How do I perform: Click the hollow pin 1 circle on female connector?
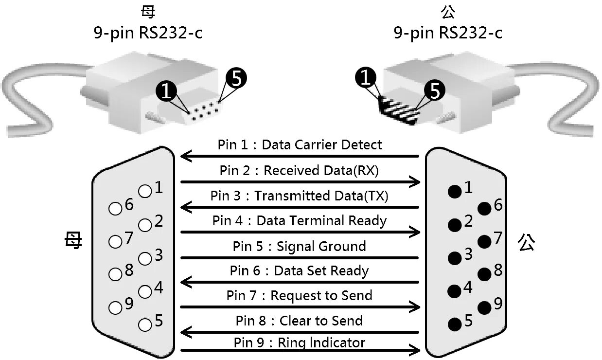(145, 191)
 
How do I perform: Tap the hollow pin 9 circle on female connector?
(115, 308)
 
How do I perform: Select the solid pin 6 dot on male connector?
(484, 209)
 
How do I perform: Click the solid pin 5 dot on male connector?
(455, 324)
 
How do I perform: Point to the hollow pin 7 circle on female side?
(115, 241)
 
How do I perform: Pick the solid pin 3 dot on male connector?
(455, 257)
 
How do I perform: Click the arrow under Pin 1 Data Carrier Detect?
(300, 156)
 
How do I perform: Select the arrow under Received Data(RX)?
(300, 182)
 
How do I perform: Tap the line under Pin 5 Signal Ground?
(300, 257)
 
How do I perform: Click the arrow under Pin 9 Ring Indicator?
(300, 349)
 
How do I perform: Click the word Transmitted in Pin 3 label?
(283, 196)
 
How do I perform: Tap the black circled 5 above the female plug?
(236, 78)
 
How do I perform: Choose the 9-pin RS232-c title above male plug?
(447, 33)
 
